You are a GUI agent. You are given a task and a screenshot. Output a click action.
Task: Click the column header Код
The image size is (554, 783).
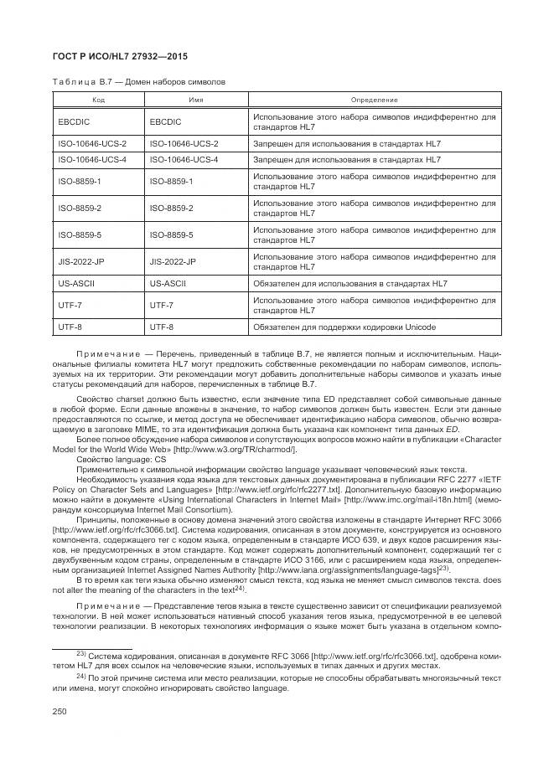[98, 100]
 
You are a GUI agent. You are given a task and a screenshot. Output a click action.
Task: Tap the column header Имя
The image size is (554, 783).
[196, 100]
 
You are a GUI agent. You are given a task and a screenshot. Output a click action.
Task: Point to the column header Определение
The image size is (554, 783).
[374, 100]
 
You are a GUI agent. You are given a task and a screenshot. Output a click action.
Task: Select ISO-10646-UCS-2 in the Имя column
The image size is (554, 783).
[184, 144]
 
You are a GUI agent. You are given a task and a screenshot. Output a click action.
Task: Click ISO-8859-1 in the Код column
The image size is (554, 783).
[79, 181]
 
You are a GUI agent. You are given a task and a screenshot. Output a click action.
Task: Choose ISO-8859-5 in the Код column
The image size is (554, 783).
[79, 234]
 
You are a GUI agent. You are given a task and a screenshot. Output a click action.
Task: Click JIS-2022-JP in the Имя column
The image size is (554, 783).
[173, 261]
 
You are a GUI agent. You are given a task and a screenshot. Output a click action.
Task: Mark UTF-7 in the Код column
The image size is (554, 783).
[69, 306]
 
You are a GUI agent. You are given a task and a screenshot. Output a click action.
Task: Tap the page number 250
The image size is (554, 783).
[60, 711]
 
